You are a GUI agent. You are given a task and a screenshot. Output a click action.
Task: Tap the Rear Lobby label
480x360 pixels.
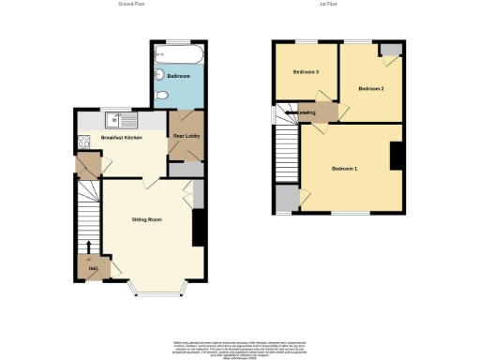click(x=186, y=137)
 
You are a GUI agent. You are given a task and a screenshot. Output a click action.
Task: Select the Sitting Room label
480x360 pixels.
click(x=147, y=219)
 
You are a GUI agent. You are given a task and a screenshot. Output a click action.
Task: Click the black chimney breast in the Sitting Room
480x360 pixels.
click(x=198, y=228)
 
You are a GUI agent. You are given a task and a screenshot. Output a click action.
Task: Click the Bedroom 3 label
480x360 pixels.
click(x=306, y=72)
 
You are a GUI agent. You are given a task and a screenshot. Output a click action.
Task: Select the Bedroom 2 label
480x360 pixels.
click(x=371, y=88)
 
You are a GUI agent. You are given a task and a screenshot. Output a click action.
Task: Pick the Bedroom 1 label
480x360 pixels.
click(x=344, y=168)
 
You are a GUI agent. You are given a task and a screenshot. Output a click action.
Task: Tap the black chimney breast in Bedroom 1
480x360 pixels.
click(x=397, y=156)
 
